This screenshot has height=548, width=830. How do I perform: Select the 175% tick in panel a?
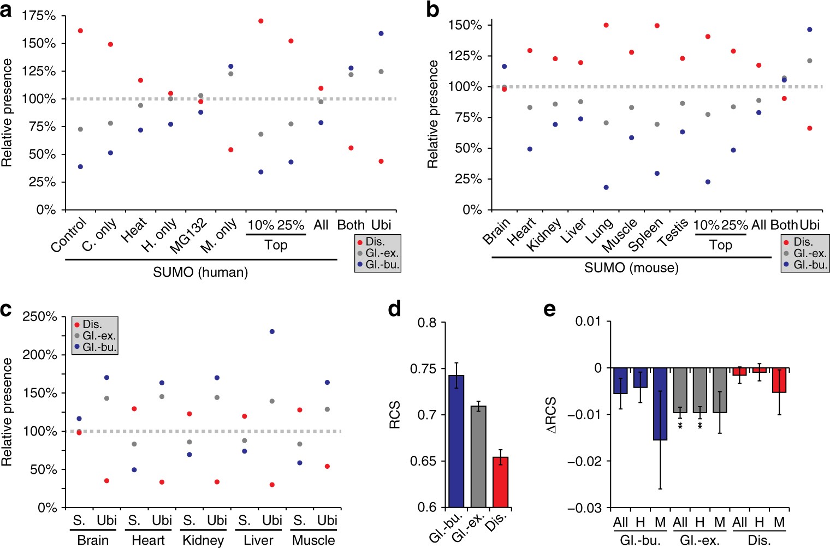coord(39,16)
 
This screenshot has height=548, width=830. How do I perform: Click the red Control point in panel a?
coord(80,31)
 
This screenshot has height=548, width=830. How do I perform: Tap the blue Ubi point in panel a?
coord(381,33)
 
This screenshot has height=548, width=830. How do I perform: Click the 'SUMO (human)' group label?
coord(200,272)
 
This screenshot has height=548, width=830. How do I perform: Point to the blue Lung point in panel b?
coord(606,187)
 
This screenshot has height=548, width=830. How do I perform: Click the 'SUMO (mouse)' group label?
coord(631,267)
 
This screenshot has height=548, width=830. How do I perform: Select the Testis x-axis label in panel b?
coord(673,233)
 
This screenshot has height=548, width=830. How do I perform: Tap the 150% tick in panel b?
coord(465,25)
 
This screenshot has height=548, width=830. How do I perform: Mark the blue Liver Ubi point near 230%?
coord(272,331)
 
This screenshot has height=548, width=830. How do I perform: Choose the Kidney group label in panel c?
coord(203,540)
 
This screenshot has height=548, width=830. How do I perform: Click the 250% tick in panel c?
coord(39,317)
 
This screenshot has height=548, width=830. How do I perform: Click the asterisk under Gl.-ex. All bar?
coord(680,425)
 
